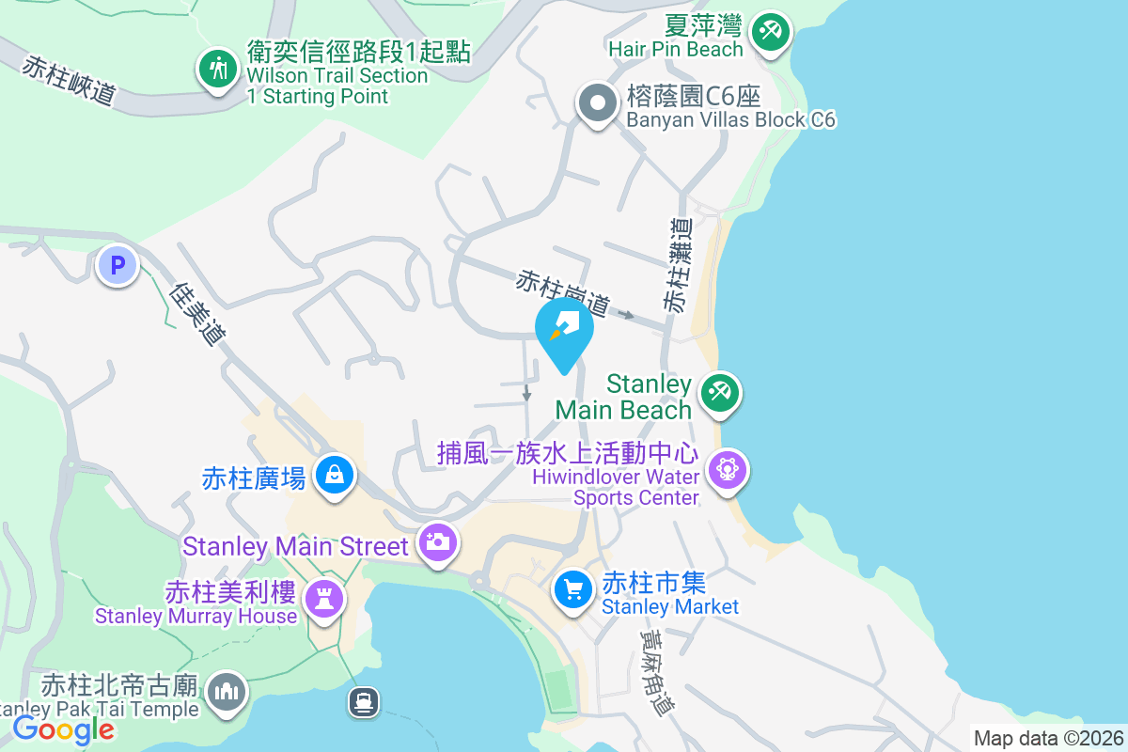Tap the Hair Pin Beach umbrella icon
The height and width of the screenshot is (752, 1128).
(771, 32)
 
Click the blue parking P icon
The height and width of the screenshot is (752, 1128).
(117, 266)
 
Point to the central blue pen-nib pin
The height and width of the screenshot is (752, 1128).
(564, 332)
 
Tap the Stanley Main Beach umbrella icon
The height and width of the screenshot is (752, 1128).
(720, 392)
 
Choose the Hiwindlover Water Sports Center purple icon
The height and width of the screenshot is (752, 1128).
(728, 469)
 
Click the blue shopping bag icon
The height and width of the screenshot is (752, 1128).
(335, 475)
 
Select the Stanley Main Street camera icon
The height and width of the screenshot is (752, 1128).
(437, 542)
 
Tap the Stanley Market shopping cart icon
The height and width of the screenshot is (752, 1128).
(572, 590)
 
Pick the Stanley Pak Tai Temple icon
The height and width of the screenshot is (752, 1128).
(226, 694)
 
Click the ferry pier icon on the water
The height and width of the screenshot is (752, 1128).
(363, 701)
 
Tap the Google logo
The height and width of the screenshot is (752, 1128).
(63, 728)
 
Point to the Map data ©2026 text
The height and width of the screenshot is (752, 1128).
(1047, 738)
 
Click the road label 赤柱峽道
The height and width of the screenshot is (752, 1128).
(70, 81)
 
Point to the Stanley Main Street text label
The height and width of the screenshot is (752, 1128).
(296, 546)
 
